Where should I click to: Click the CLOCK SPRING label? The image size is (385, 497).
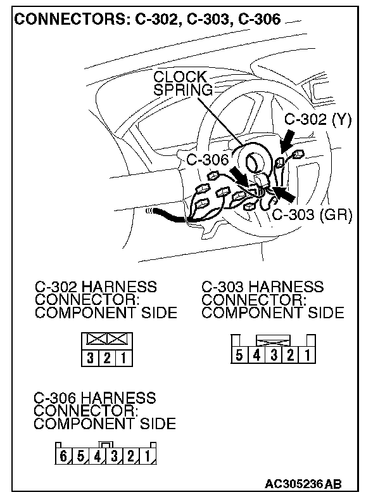(x=180, y=83)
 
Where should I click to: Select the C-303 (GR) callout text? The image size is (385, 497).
(x=312, y=214)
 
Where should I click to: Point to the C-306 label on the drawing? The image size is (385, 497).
(x=207, y=159)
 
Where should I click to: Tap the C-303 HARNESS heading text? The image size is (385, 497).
(x=263, y=287)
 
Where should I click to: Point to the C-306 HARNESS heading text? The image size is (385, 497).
(x=95, y=398)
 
